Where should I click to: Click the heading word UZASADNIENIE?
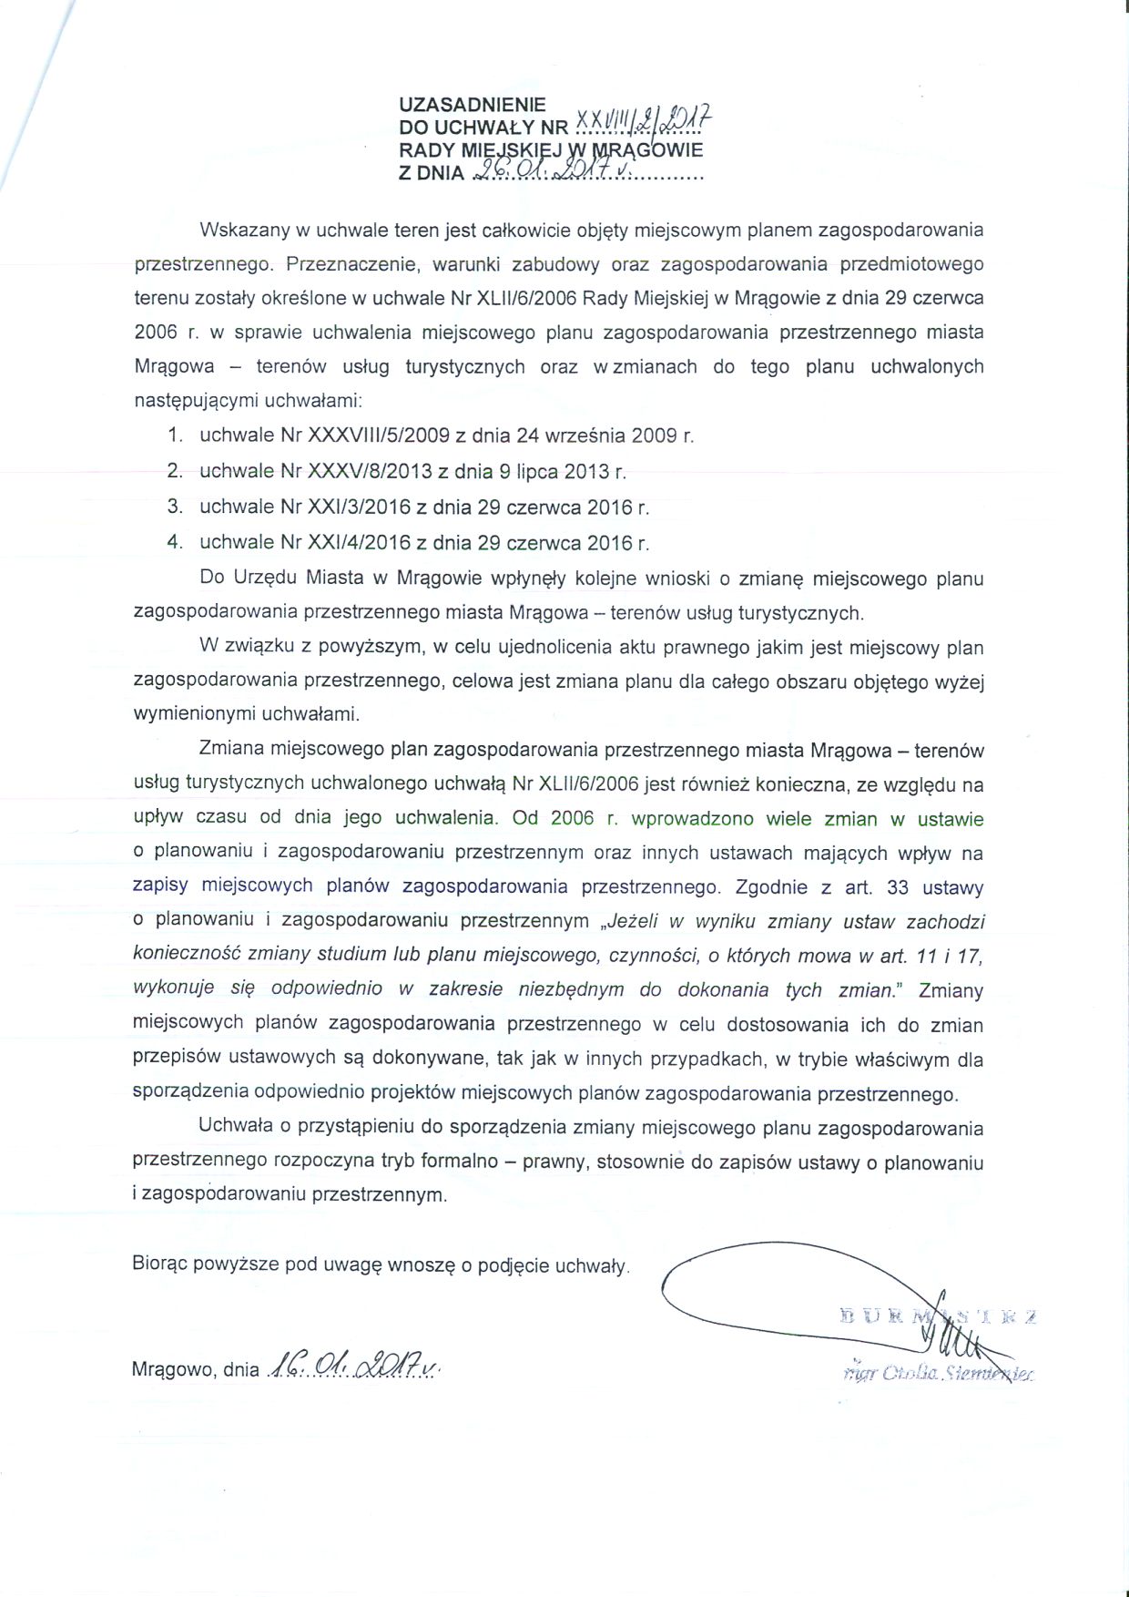[473, 106]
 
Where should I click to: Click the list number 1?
[176, 435]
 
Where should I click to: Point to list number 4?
[176, 542]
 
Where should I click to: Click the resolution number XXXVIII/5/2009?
[379, 435]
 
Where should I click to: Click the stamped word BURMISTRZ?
[938, 1315]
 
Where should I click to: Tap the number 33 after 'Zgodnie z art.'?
[898, 887]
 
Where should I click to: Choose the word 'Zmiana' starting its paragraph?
[231, 750]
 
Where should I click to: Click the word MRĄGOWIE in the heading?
[648, 150]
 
